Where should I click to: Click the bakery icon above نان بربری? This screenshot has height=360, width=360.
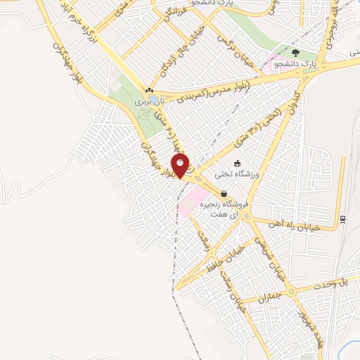(148, 91)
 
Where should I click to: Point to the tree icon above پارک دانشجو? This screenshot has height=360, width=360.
(295, 52)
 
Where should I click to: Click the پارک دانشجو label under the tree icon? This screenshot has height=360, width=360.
(295, 65)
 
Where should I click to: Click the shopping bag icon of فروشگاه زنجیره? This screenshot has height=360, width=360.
(224, 193)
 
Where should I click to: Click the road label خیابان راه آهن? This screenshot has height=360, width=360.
(296, 227)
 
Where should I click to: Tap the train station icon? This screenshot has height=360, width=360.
(342, 219)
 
